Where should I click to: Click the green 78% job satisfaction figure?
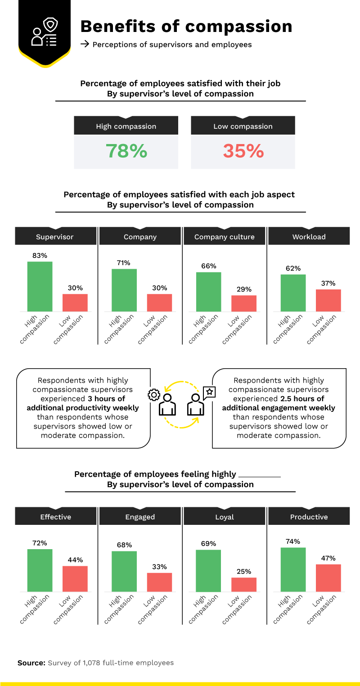(126, 151)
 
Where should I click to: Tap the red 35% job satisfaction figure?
(243, 151)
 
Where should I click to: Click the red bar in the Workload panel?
(328, 300)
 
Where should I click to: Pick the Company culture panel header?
(224, 237)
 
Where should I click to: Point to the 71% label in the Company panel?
(124, 263)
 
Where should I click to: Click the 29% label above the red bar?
(244, 289)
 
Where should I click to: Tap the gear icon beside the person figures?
(154, 395)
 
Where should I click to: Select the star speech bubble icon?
(209, 392)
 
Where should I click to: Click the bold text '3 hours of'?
(106, 398)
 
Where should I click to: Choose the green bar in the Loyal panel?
(208, 570)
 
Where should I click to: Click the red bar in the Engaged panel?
(159, 582)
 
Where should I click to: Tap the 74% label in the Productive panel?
(293, 542)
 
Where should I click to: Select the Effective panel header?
(55, 517)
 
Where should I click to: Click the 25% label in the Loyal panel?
(244, 571)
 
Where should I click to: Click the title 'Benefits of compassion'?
(186, 27)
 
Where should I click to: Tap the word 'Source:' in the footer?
(31, 663)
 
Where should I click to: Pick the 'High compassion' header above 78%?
(126, 126)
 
